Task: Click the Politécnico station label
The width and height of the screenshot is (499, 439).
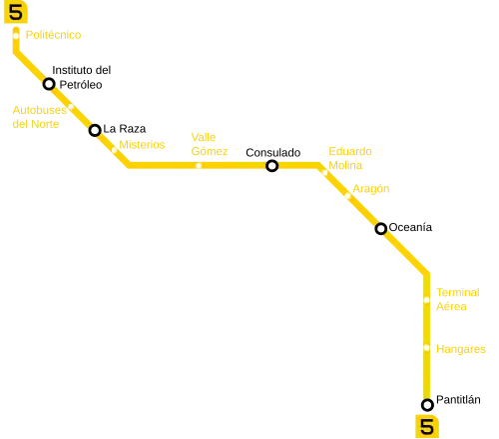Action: click(x=53, y=35)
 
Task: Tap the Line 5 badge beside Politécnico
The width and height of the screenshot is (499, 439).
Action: click(x=16, y=12)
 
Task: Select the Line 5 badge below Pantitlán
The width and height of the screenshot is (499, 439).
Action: click(x=427, y=426)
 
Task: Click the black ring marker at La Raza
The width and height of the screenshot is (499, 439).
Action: click(x=95, y=130)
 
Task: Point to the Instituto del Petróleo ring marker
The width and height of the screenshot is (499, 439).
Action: click(x=49, y=84)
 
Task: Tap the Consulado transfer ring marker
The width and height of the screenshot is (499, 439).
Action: click(x=272, y=166)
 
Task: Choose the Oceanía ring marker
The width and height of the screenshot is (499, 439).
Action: click(x=381, y=229)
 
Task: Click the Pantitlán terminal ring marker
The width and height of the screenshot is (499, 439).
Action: click(x=427, y=405)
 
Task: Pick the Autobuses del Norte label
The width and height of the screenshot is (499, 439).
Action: click(x=40, y=117)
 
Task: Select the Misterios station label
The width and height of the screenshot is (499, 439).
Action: click(x=142, y=145)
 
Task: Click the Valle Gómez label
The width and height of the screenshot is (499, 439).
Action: click(x=210, y=144)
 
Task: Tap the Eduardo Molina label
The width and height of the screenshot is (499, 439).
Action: click(x=350, y=158)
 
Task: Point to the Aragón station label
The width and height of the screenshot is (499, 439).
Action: click(x=371, y=189)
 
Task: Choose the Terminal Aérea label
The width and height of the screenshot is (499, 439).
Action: click(x=458, y=299)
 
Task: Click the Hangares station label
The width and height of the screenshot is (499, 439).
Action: click(x=461, y=349)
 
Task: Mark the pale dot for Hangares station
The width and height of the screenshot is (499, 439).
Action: click(x=427, y=348)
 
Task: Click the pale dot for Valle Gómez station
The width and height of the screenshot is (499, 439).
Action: click(x=199, y=165)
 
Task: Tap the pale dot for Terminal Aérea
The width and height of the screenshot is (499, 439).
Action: click(x=427, y=300)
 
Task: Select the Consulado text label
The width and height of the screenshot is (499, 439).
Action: click(x=273, y=153)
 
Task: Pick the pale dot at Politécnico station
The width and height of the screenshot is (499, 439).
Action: click(x=16, y=36)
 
